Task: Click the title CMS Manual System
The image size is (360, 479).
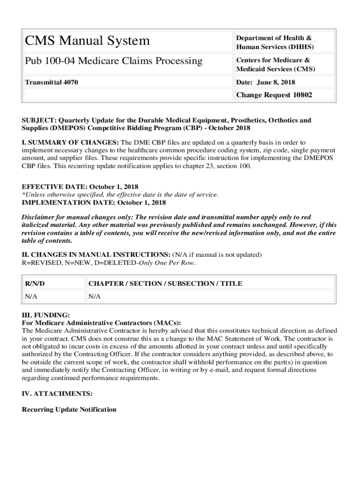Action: click(87, 41)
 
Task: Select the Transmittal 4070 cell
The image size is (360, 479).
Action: click(51, 82)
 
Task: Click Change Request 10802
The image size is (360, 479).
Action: click(274, 95)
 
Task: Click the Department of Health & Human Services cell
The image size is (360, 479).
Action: click(275, 42)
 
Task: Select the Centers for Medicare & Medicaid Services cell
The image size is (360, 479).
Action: click(275, 65)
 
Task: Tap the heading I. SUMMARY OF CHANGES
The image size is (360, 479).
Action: click(71, 142)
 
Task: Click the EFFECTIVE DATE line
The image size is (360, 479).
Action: click(80, 187)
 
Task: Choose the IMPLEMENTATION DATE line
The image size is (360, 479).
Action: click(94, 203)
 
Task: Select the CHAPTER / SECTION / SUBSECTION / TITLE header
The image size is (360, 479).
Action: click(166, 283)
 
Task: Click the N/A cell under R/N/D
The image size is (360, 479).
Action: click(31, 297)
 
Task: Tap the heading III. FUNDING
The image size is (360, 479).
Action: click(46, 315)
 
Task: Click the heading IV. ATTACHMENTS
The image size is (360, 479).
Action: click(57, 394)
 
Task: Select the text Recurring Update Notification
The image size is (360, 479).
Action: click(69, 409)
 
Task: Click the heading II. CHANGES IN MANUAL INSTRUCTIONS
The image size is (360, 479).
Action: click(96, 254)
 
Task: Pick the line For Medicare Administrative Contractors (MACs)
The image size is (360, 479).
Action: click(101, 323)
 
